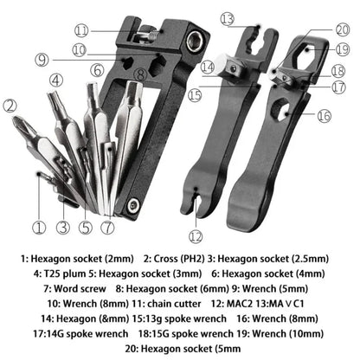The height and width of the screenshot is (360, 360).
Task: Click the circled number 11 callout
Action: [x=106, y=31]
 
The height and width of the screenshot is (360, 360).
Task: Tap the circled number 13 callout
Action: [x=228, y=17]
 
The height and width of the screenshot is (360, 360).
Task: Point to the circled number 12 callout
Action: [x=196, y=236]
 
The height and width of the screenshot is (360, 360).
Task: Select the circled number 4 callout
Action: [x=55, y=80]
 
